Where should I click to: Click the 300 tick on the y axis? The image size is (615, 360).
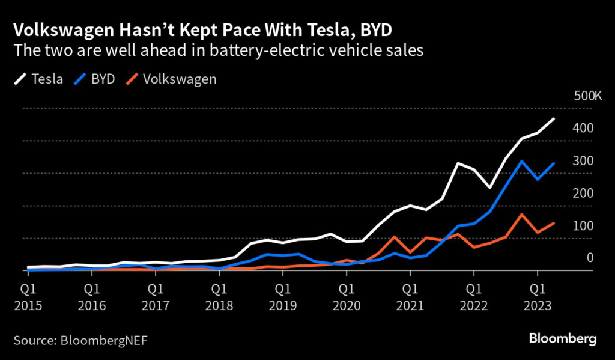(x=583, y=161)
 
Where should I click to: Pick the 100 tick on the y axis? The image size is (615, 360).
(x=583, y=226)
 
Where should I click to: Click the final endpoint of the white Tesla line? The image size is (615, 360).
(x=554, y=119)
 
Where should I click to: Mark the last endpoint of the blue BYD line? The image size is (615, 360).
(x=554, y=163)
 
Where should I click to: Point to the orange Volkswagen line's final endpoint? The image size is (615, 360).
(x=554, y=223)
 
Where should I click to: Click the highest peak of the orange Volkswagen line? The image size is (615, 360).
(x=522, y=215)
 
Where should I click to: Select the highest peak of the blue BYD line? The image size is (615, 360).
(x=522, y=161)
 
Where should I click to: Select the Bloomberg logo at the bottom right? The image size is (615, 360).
(x=563, y=339)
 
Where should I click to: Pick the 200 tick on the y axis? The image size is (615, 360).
(x=583, y=194)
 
